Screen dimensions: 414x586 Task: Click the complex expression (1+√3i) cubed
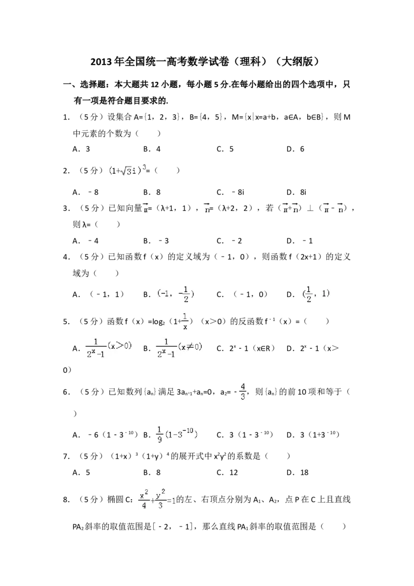pos(126,170)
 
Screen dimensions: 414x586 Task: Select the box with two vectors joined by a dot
pos(290,207)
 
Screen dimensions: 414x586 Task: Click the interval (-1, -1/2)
pos(176,294)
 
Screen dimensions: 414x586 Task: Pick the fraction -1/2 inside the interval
pos(185,294)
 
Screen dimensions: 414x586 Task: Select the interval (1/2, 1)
pos(315,294)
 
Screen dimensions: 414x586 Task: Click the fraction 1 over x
pos(185,321)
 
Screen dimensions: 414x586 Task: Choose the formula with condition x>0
pos(110,348)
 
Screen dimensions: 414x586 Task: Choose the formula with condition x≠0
pos(180,348)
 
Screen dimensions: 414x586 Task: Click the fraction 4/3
pos(242,391)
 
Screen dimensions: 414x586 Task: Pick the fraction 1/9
pos(160,435)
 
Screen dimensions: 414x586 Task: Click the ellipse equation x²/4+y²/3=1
pos(157,499)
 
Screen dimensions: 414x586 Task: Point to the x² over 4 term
pos(144,499)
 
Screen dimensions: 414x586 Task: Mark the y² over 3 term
pos(161,499)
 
